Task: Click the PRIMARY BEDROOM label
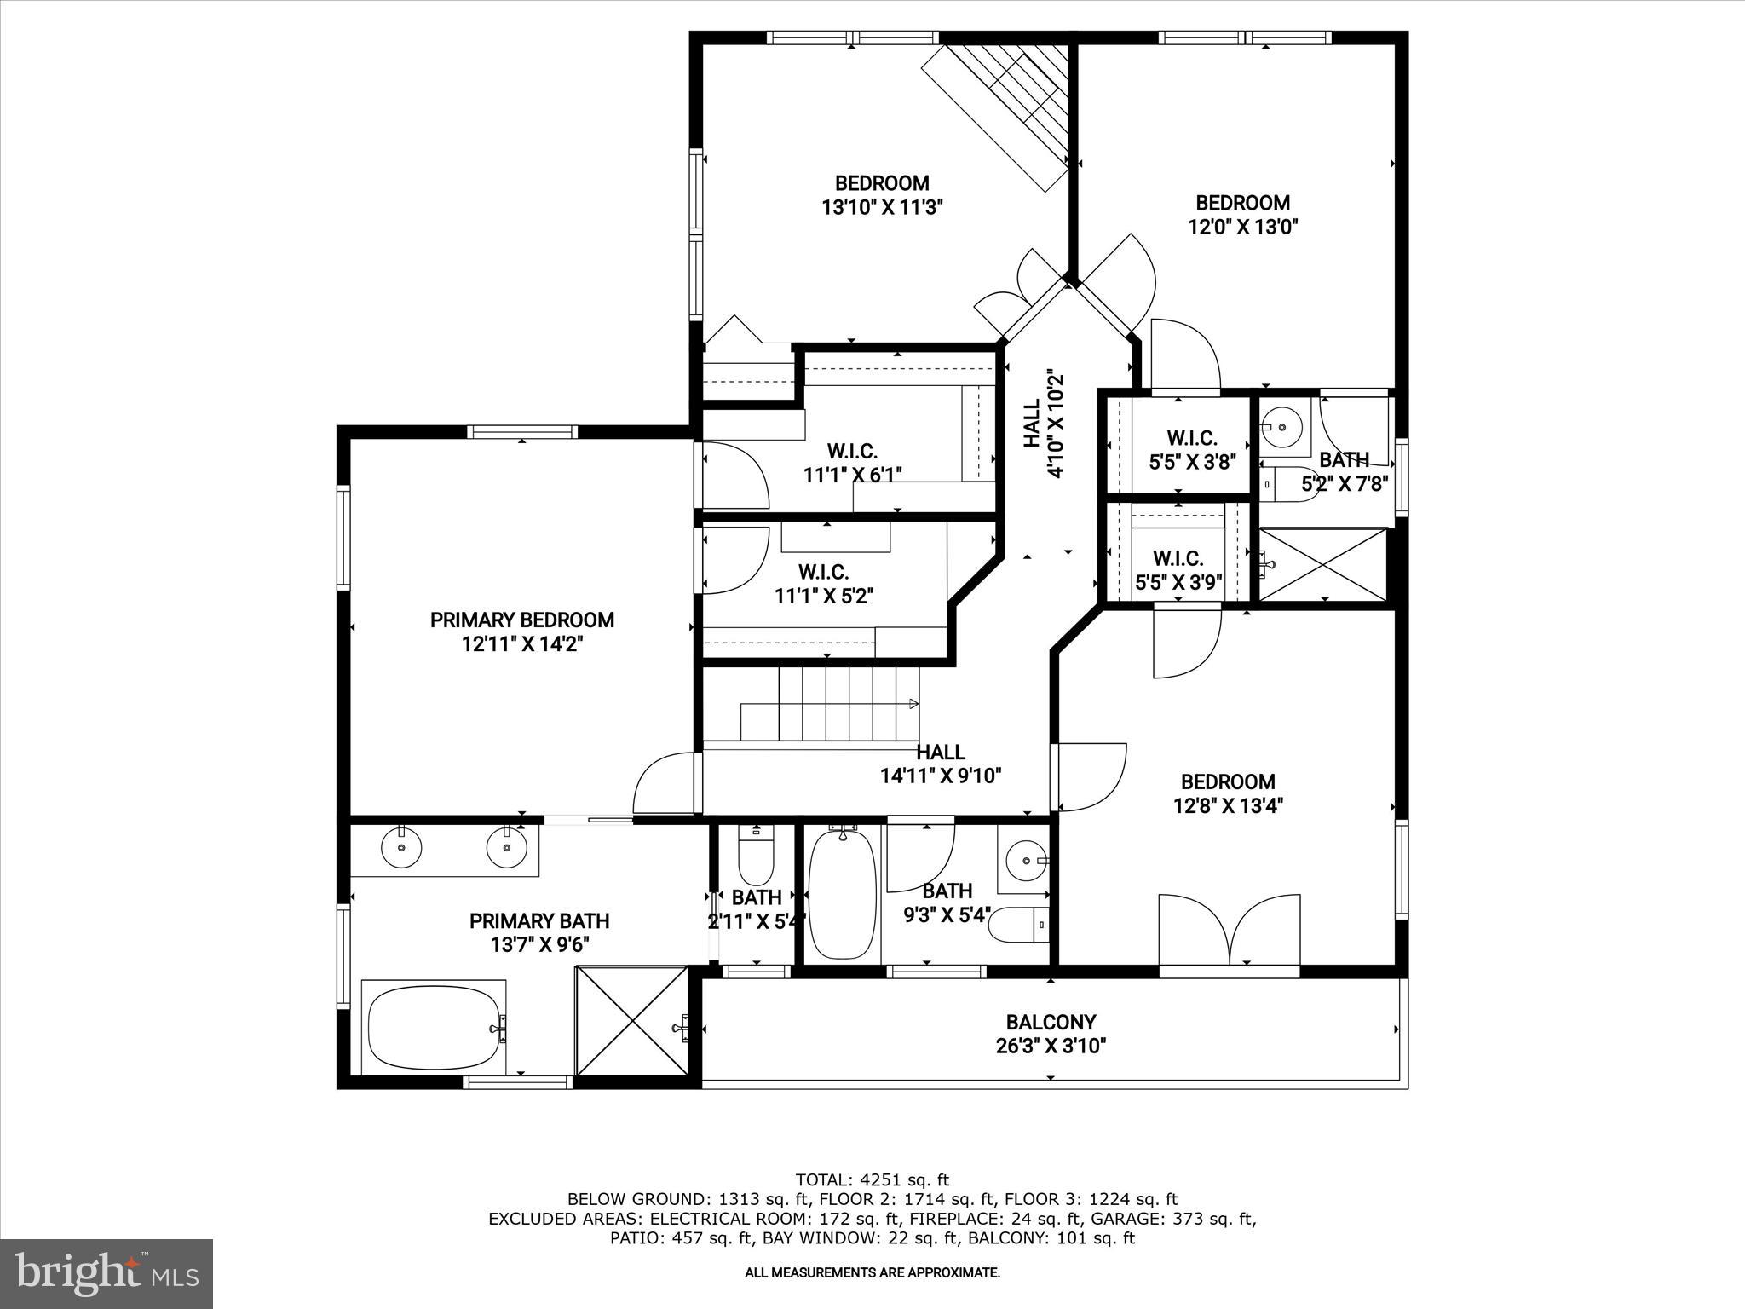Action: pos(521,620)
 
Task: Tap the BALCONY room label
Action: pos(1051,1022)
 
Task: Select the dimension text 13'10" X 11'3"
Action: pos(882,207)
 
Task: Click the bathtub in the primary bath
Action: pos(433,1028)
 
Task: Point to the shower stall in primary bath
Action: pos(631,1021)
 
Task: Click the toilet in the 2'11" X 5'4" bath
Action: pos(755,857)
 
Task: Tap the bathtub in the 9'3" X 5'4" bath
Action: pos(842,895)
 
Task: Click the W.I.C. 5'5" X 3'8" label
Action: pos(1191,450)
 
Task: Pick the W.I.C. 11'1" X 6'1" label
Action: pos(852,463)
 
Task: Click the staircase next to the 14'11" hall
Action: pos(831,704)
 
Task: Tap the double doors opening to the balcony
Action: pos(1230,930)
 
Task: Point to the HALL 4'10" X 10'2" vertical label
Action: pos(1043,424)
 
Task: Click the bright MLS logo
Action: pos(107,1273)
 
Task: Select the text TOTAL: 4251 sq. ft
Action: pos(872,1180)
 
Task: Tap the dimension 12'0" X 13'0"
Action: pos(1242,227)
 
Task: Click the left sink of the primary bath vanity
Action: pos(400,847)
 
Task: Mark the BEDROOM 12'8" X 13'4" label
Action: pos(1228,793)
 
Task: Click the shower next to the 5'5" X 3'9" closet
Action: pos(1322,563)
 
